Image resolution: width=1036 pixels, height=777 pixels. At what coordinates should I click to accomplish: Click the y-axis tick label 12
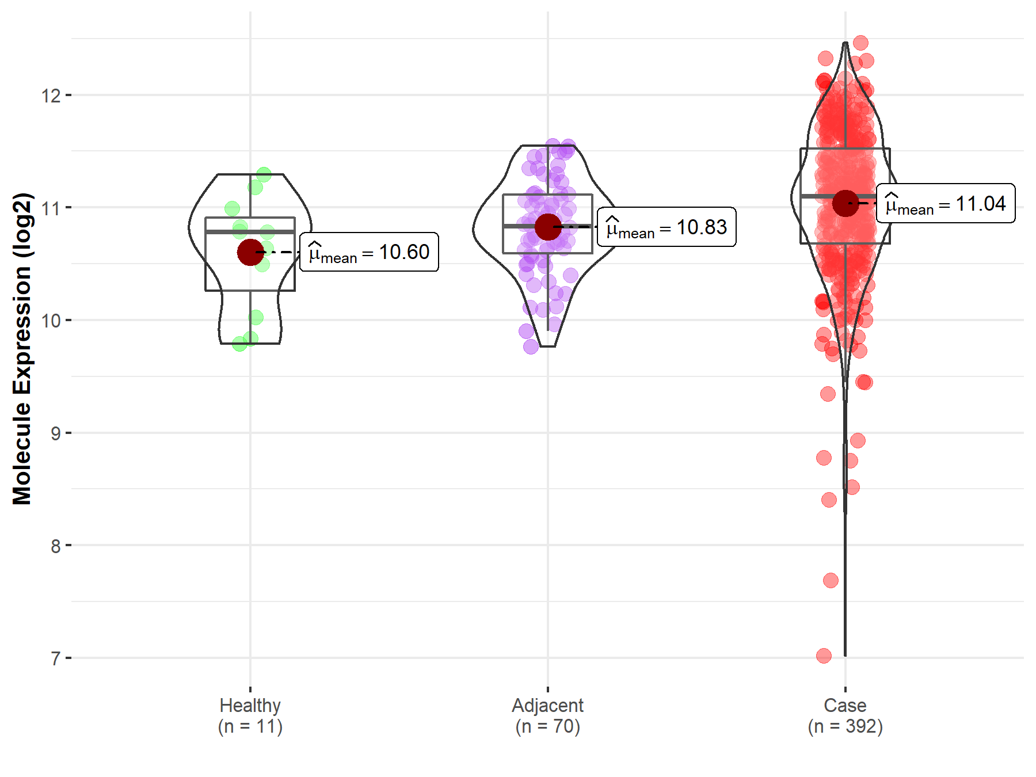51,96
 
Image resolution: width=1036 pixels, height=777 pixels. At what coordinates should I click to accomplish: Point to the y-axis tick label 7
55,658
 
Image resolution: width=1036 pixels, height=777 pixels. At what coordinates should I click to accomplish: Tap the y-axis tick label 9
55,433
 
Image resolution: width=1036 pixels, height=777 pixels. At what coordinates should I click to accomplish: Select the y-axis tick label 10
51,321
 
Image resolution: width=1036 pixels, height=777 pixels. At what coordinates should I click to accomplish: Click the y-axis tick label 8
55,546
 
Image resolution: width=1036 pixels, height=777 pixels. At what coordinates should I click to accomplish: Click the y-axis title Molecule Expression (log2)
22,348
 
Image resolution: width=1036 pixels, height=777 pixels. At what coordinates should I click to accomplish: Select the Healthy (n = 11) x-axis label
250,715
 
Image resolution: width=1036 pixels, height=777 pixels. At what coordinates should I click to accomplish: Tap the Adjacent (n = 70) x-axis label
547,715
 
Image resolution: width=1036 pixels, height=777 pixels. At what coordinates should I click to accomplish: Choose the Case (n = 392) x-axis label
845,715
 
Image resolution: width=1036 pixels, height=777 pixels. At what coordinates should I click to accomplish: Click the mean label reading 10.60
370,252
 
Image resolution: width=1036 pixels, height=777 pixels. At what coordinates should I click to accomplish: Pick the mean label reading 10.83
666,227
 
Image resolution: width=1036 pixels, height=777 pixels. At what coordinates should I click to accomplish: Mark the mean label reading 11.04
946,204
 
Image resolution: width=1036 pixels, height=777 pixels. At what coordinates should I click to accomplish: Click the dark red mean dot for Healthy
250,252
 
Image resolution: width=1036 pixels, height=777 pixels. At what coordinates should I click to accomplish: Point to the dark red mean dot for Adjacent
547,227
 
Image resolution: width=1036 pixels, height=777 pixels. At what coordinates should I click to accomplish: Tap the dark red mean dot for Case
845,203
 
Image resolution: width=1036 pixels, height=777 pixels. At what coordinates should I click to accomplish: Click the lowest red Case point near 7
824,656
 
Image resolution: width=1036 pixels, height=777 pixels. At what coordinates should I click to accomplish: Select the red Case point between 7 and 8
831,580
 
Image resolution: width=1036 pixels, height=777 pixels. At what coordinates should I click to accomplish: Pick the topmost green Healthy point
264,174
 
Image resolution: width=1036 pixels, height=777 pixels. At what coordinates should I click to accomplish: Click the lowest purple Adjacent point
531,346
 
